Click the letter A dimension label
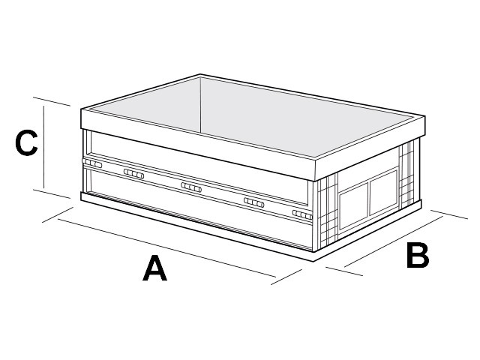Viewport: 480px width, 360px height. coord(155,268)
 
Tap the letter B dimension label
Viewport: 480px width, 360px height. coord(418,255)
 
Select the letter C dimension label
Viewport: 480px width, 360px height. coord(27,142)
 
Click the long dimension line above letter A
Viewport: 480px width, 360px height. coord(166,248)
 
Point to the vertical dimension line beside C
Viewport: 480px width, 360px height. coord(44,147)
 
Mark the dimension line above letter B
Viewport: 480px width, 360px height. coord(394,241)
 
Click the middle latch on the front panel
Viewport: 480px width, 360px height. coord(191,187)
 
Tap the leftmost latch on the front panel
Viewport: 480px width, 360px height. coord(91,163)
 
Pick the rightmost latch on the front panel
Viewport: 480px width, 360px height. coord(302,215)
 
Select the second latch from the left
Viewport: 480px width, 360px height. coord(133,173)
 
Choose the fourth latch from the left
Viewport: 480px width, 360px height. coord(254,202)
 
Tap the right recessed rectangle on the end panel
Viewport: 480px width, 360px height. coord(383,193)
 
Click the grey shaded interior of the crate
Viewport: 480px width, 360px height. coord(254,116)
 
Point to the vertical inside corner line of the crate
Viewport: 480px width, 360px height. coord(200,105)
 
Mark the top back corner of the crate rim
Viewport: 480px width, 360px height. coord(200,74)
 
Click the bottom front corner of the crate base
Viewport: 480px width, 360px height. coord(313,262)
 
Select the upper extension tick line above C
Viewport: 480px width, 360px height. coord(52,102)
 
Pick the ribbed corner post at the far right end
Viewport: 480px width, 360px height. coord(407,175)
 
